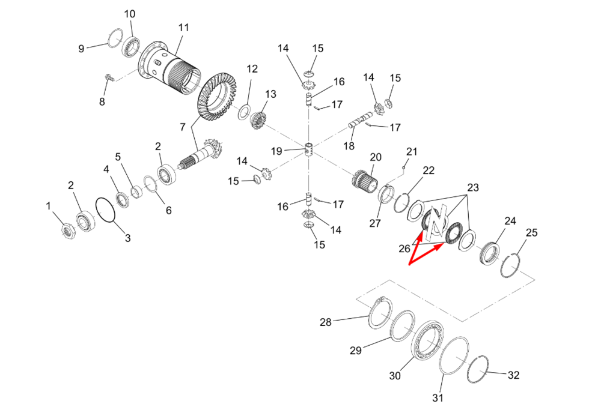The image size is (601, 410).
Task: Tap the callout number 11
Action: click(x=183, y=28)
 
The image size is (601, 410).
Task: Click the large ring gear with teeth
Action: click(x=217, y=99)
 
